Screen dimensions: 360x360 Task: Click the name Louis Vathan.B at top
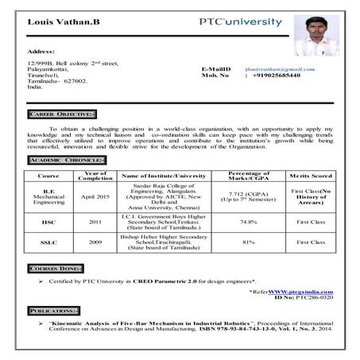tap(61, 21)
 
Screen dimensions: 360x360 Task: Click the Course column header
tap(48, 175)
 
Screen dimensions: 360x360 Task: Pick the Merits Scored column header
tap(311, 175)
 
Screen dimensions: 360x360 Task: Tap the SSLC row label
tap(48, 242)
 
